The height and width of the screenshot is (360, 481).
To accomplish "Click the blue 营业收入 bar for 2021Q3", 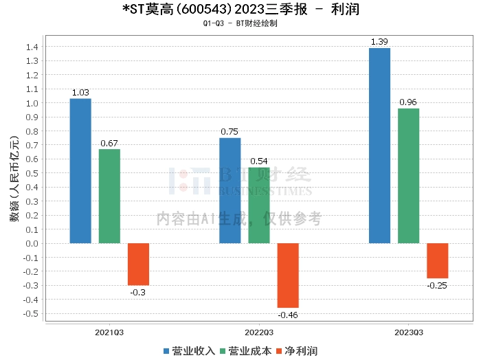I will (x=80, y=171).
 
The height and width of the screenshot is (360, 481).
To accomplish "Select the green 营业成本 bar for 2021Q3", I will (x=109, y=196).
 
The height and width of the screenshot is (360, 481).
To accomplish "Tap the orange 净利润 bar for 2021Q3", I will (x=138, y=265).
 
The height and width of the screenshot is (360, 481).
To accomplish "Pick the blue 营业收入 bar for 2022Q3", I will (x=230, y=191).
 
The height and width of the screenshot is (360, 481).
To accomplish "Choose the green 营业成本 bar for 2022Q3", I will (x=259, y=205).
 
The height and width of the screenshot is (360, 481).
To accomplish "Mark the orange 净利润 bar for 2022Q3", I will (x=288, y=275).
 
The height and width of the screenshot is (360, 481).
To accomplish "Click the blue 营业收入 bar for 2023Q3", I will (x=379, y=146).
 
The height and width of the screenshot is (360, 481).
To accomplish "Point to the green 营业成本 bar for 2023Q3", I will (x=408, y=176).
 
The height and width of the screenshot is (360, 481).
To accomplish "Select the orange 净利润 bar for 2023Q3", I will (x=437, y=261).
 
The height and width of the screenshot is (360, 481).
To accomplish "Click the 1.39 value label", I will (x=379, y=42).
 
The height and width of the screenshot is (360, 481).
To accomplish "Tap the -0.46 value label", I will (x=288, y=315).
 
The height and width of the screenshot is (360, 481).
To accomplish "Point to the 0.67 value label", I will (x=109, y=143).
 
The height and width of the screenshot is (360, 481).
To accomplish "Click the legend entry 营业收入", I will (x=189, y=350).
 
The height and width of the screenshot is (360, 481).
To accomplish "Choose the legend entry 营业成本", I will (x=245, y=350).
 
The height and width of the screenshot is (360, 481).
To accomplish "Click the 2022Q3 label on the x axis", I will (x=259, y=332).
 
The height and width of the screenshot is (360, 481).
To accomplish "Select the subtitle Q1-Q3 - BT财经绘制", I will (x=240, y=23).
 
